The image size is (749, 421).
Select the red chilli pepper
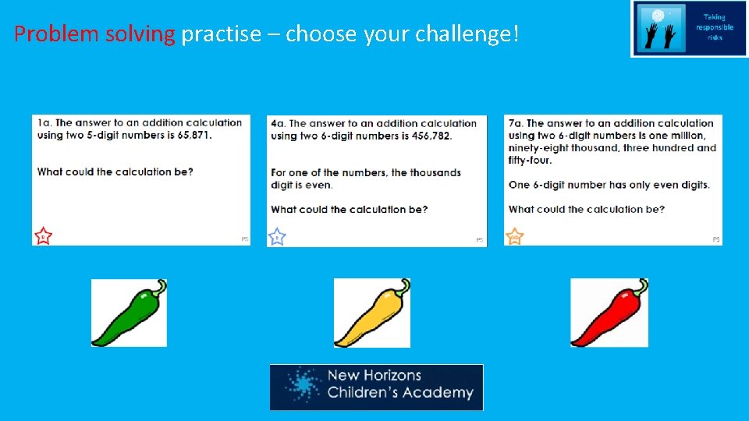(x=607, y=316)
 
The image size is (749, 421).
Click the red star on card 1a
(x=43, y=235)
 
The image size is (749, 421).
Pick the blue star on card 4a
(x=277, y=236)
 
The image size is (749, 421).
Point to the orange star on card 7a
(x=514, y=236)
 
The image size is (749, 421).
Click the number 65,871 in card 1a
(x=190, y=135)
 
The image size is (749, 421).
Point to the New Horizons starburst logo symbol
(x=301, y=386)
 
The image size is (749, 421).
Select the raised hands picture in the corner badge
(x=660, y=30)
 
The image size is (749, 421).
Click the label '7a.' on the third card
(x=516, y=123)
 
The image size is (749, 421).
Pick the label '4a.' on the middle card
(x=278, y=123)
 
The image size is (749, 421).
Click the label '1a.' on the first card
(x=44, y=122)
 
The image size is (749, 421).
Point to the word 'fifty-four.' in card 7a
(x=530, y=161)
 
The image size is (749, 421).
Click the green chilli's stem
(x=158, y=287)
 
